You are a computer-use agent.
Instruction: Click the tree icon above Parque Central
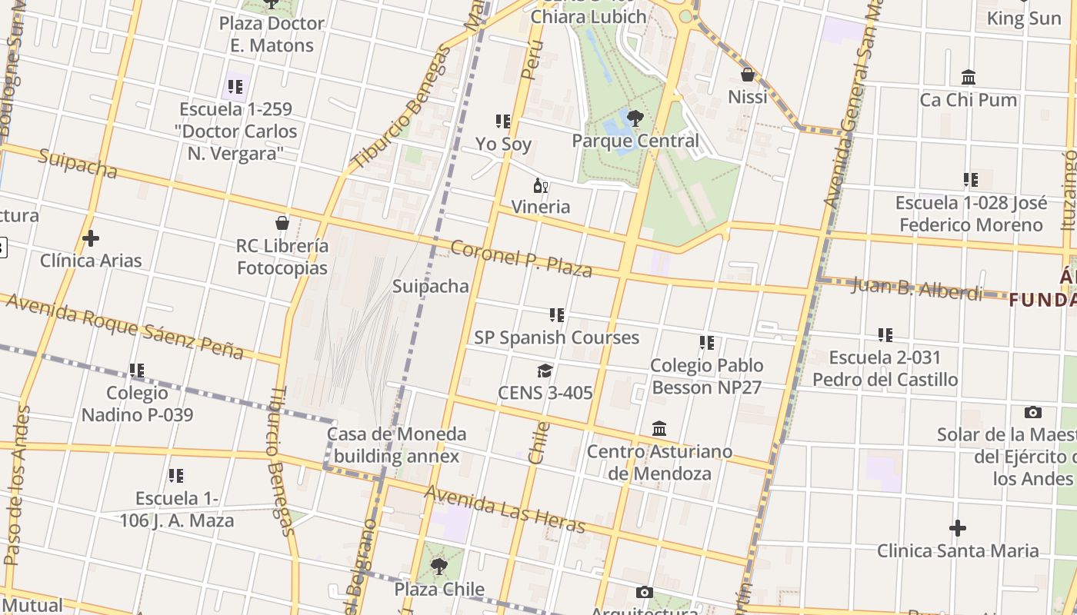[x=635, y=118]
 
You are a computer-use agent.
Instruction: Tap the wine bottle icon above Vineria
[x=541, y=185]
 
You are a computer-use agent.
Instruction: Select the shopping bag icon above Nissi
[x=747, y=75]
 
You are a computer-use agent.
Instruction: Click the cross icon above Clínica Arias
[x=91, y=238]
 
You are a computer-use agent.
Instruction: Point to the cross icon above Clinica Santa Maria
[x=958, y=528]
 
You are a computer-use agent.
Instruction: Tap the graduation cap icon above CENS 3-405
[x=545, y=371]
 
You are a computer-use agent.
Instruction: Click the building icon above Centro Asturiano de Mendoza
[x=659, y=428]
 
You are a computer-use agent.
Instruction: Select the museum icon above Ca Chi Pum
[x=969, y=78]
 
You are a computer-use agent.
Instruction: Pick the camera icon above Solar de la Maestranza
[x=1033, y=413]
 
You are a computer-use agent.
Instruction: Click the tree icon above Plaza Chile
[x=439, y=567]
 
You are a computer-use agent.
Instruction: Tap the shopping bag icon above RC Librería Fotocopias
[x=282, y=223]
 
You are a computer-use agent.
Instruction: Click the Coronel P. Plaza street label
[x=521, y=258]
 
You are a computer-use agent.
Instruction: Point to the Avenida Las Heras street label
[x=505, y=509]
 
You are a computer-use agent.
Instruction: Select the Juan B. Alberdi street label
[x=916, y=289]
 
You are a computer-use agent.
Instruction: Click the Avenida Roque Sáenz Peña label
[x=125, y=325]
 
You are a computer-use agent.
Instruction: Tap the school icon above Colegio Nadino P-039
[x=137, y=371]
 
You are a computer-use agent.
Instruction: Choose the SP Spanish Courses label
[x=556, y=337]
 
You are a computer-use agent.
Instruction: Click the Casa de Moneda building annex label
[x=396, y=444]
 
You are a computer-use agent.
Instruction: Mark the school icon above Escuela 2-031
[x=885, y=335]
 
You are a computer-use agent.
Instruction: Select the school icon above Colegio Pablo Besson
[x=706, y=343]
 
